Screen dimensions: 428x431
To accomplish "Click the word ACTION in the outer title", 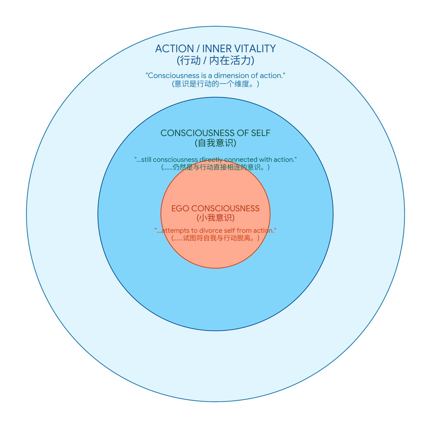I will click(174, 49).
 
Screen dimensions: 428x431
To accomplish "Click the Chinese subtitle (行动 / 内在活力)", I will click(215, 60).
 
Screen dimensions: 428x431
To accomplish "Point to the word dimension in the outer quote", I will click(231, 76).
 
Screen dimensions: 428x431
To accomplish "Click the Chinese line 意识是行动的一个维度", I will click(215, 84).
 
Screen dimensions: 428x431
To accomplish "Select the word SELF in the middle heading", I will click(261, 133).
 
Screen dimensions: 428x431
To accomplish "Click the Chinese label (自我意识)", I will click(215, 143).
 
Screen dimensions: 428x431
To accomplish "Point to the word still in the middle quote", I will click(146, 160).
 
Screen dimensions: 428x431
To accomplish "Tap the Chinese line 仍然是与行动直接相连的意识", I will click(215, 167).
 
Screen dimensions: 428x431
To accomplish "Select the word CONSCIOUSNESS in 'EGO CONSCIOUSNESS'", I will click(225, 208).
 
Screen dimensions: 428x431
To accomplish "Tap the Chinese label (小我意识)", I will click(215, 218).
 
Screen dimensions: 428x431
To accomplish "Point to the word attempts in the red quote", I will click(175, 231).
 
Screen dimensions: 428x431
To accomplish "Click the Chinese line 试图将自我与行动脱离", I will click(215, 238).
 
